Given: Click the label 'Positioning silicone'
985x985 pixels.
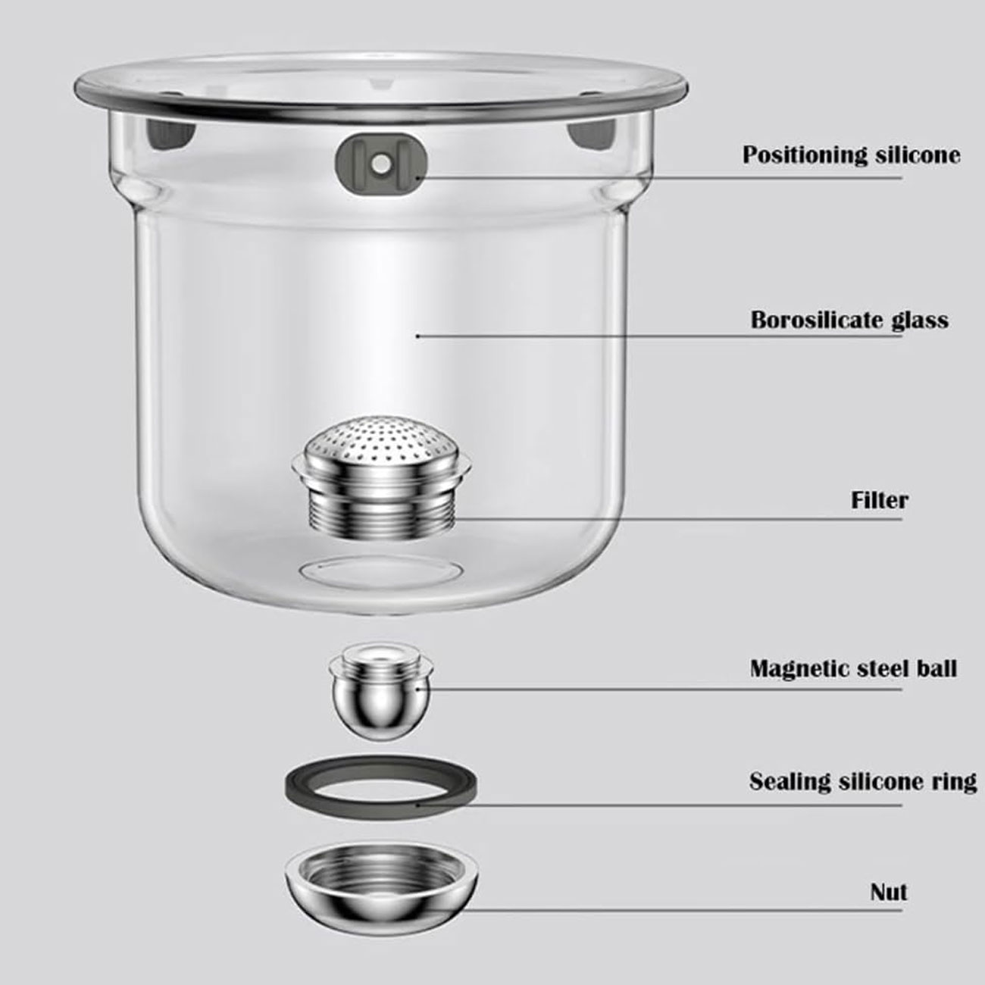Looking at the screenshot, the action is [851, 155].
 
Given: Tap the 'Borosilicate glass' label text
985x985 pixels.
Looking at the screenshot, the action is [849, 321].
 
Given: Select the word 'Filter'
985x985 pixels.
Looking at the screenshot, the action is [880, 500].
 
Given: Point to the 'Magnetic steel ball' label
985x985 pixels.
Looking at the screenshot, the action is [853, 668].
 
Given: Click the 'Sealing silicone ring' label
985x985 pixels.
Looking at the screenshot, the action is [863, 781].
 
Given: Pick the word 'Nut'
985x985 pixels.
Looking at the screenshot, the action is [889, 892].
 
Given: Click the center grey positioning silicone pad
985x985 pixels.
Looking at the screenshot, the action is [381, 164].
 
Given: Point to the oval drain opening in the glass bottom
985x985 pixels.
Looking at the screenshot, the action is [379, 570].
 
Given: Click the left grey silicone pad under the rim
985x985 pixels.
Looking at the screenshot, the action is [170, 134].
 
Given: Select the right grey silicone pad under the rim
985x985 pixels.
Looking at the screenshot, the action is [592, 135].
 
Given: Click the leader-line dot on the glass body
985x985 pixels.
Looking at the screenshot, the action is [417, 336].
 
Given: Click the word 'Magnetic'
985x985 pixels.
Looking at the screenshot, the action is [794, 669].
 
